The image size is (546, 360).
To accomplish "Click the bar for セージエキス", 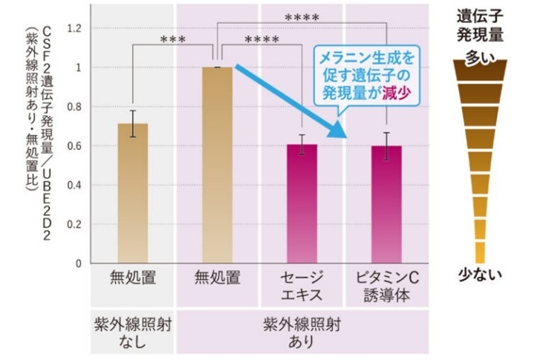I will [x=302, y=203].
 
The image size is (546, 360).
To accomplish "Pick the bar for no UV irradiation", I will [x=132, y=193].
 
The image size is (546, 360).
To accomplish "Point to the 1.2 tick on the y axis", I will [x=71, y=28].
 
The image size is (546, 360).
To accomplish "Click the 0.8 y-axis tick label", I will [x=71, y=107].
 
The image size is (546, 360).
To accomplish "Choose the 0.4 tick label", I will [x=71, y=185].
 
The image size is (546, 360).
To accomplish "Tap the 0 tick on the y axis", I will [x=77, y=264].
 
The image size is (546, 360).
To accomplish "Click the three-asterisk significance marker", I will [x=173, y=39].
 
